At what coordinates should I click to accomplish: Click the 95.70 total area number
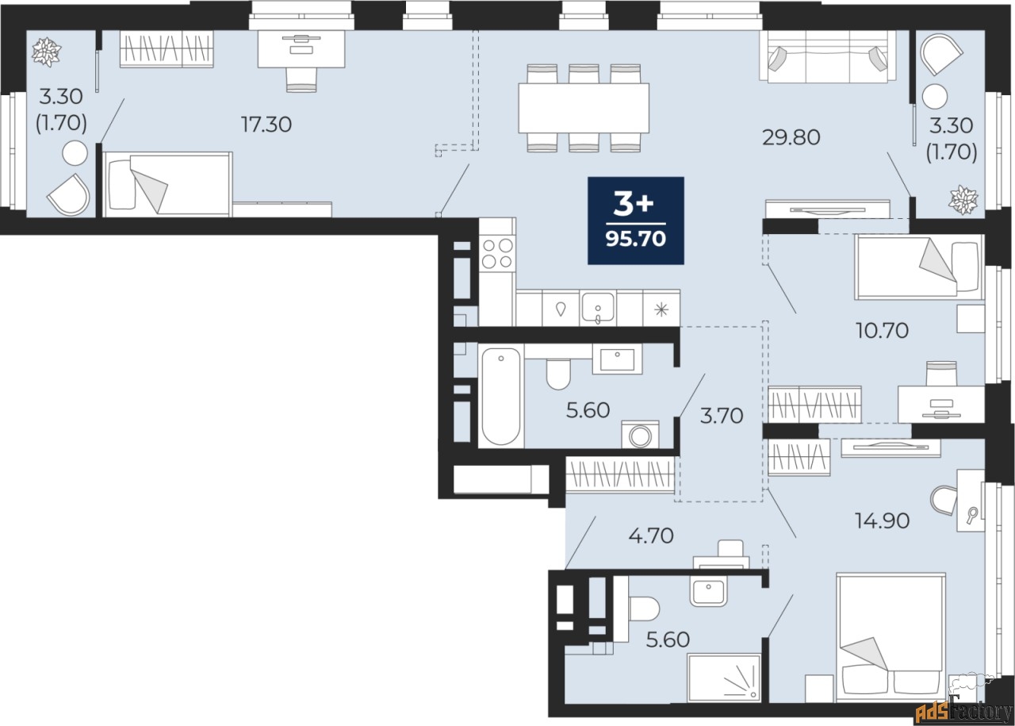pyautogui.click(x=636, y=238)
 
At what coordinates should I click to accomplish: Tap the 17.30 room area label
pyautogui.click(x=266, y=125)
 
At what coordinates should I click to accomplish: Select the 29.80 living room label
pyautogui.click(x=791, y=137)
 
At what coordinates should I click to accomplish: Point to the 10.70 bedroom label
pyautogui.click(x=882, y=331)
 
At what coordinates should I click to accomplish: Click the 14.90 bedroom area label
pyautogui.click(x=883, y=520)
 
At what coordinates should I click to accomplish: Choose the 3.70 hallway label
pyautogui.click(x=722, y=416)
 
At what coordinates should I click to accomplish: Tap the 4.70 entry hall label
pyautogui.click(x=651, y=536)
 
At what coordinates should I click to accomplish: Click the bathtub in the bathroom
pyautogui.click(x=500, y=397)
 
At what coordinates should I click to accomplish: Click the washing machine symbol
pyautogui.click(x=640, y=435)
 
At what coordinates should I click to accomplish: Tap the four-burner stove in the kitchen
pyautogui.click(x=497, y=253)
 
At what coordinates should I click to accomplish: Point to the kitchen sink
pyautogui.click(x=598, y=308)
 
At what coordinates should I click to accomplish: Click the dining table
pyautogui.click(x=584, y=108)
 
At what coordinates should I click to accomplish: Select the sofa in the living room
pyautogui.click(x=828, y=56)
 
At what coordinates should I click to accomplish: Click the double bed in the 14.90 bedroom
pyautogui.click(x=891, y=638)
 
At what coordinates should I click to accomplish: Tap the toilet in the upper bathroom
pyautogui.click(x=558, y=374)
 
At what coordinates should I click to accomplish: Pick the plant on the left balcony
pyautogui.click(x=46, y=52)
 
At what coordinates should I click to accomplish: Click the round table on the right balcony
pyautogui.click(x=934, y=96)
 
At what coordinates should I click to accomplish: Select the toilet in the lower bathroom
pyautogui.click(x=643, y=609)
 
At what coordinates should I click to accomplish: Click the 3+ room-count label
pyautogui.click(x=634, y=204)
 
